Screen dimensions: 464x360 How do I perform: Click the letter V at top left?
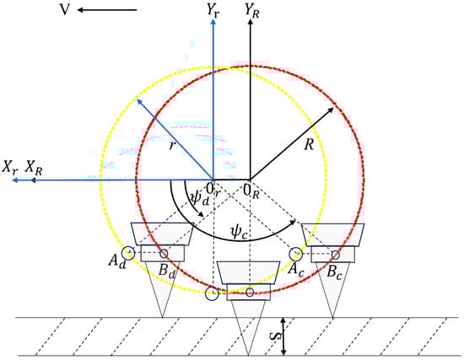coord(65,10)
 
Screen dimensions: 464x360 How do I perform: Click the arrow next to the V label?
coord(107,10)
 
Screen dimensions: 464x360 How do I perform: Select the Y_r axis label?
coord(213,11)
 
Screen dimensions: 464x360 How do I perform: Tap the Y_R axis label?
coord(252,11)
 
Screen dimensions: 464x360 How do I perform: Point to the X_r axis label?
coord(10,168)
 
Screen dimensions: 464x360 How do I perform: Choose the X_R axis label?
coord(34,168)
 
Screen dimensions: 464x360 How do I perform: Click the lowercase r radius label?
coord(172,145)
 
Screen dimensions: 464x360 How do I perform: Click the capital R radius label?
coord(309,145)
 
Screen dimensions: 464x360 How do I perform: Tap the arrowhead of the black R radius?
coord(331,110)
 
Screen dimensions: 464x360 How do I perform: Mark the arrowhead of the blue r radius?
coord(139,102)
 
